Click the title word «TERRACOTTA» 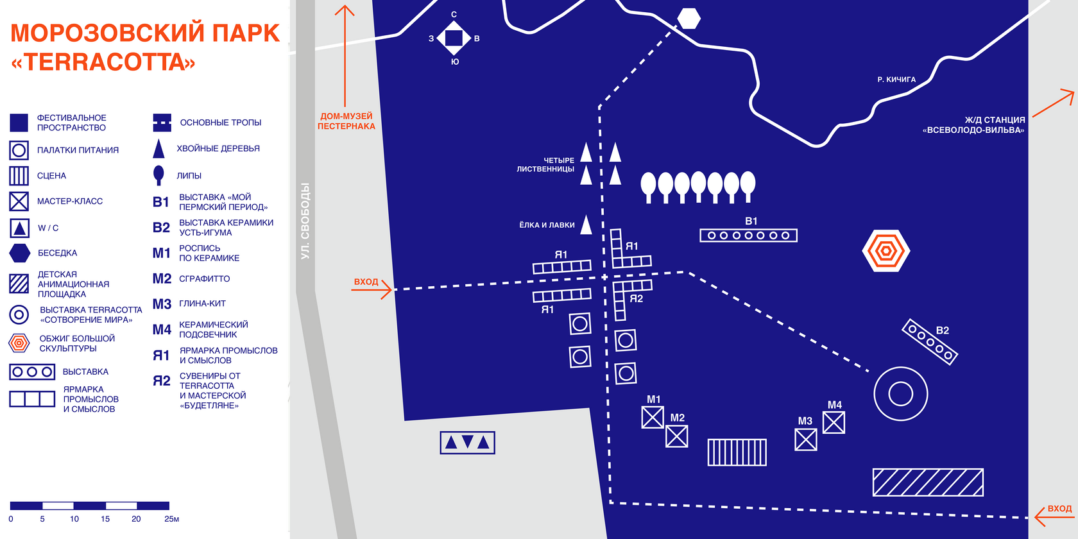pyautogui.click(x=103, y=62)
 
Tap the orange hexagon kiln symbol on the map pyautogui.click(x=886, y=250)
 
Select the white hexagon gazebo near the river pyautogui.click(x=689, y=19)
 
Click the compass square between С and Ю pyautogui.click(x=454, y=38)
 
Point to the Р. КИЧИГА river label pyautogui.click(x=896, y=80)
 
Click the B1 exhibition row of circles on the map pyautogui.click(x=748, y=235)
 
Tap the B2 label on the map pyautogui.click(x=942, y=330)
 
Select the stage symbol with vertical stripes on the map pyautogui.click(x=737, y=452)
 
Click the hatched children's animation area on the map pyautogui.click(x=928, y=483)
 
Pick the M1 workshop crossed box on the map pyautogui.click(x=653, y=417)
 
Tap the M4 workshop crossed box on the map pyautogui.click(x=834, y=422)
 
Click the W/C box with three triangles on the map pyautogui.click(x=467, y=442)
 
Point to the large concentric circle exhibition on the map pyautogui.click(x=901, y=393)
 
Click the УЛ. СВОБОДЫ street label pyautogui.click(x=305, y=221)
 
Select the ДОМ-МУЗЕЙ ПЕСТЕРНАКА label pyautogui.click(x=346, y=121)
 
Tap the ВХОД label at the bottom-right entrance pyautogui.click(x=1059, y=508)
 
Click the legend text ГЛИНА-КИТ pyautogui.click(x=202, y=304)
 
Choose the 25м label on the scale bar pyautogui.click(x=171, y=519)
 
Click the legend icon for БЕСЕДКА pyautogui.click(x=20, y=253)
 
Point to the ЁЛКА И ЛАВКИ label pyautogui.click(x=547, y=225)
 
